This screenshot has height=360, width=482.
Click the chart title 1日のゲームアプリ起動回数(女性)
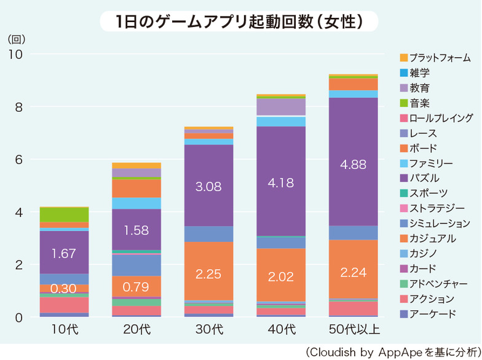pyautogui.click(x=240, y=21)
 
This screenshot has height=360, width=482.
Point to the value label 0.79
pyautogui.click(x=136, y=286)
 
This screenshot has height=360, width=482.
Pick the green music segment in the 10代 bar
pyautogui.click(x=64, y=214)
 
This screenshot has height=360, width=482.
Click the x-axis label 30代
pyautogui.click(x=208, y=330)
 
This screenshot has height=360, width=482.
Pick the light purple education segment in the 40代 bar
pyautogui.click(x=281, y=107)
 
